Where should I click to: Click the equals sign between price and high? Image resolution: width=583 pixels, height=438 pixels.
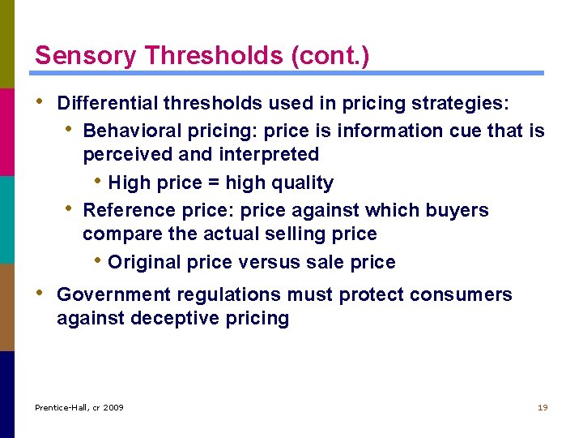tap(211, 183)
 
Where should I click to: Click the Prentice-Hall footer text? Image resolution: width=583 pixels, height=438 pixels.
tap(79, 407)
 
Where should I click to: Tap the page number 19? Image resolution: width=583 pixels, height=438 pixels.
tap(543, 407)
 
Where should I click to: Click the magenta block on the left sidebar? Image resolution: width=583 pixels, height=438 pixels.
tap(7, 131)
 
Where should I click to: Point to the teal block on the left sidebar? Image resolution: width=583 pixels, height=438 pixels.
tap(7, 219)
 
